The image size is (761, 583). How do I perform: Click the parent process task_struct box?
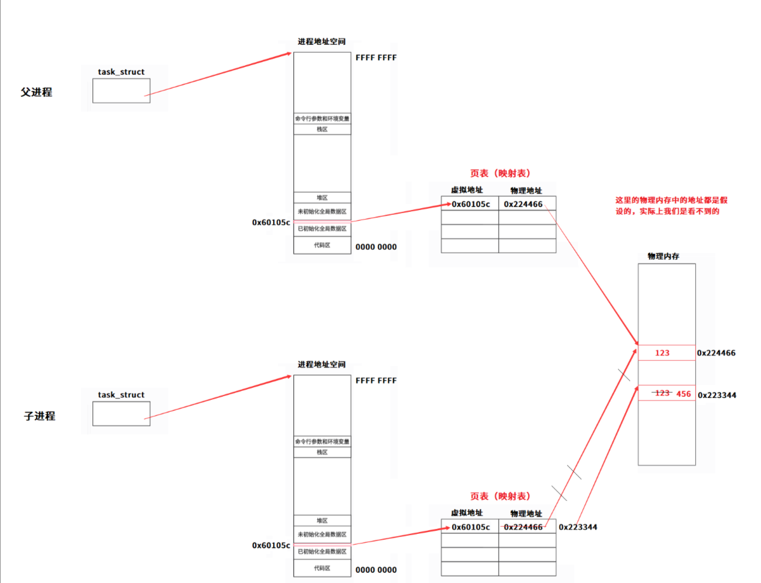[121, 91]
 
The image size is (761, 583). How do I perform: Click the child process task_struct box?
[121, 414]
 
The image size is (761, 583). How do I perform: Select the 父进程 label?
[37, 92]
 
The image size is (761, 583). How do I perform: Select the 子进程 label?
[40, 416]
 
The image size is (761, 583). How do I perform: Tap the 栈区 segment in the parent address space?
[322, 129]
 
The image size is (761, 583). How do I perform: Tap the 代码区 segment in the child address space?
[322, 568]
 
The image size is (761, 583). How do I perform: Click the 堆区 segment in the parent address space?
[322, 198]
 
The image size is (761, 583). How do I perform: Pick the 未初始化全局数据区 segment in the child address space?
[322, 535]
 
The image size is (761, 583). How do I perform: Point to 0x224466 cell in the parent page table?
[523, 204]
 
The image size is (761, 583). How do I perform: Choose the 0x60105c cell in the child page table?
[471, 527]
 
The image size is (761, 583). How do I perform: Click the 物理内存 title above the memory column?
[663, 256]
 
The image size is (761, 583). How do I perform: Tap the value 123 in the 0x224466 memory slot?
[662, 353]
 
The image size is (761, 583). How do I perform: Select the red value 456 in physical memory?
[684, 394]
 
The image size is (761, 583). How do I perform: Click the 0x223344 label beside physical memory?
[717, 395]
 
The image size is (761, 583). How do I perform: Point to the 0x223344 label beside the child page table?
[578, 527]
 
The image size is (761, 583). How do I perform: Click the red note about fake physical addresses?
[671, 205]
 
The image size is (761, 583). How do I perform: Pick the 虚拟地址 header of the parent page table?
[467, 190]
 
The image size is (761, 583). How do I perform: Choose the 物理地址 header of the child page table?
[526, 514]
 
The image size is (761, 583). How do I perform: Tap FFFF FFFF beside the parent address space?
[376, 57]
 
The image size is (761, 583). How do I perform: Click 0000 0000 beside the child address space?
[376, 570]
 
